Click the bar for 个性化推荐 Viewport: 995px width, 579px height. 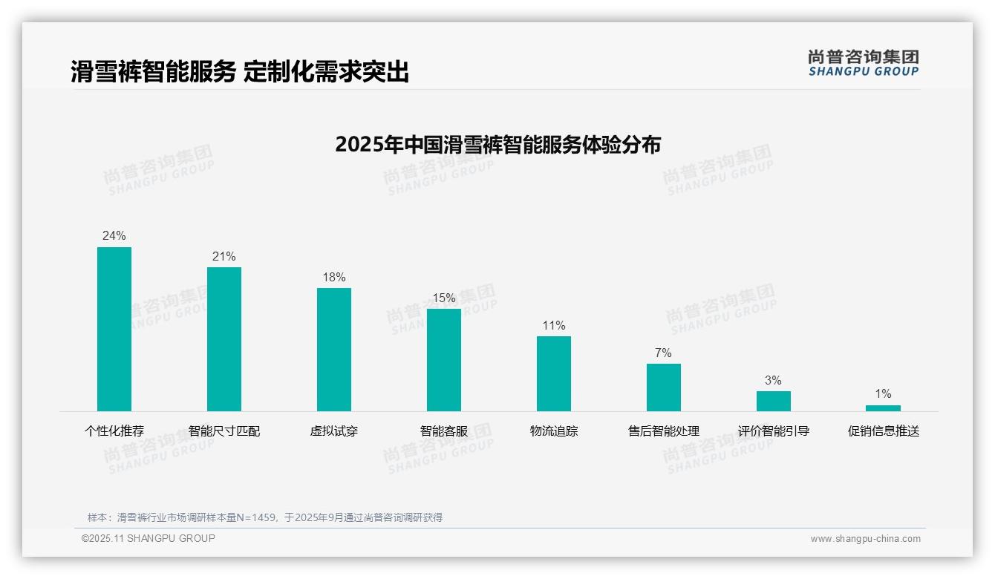tap(114, 329)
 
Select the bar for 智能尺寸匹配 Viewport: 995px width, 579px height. tap(224, 339)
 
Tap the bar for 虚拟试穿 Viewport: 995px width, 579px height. tap(334, 350)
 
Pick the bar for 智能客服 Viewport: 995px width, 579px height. tap(444, 360)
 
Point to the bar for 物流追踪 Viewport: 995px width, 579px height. tap(554, 373)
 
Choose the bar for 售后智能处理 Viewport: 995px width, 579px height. tap(664, 387)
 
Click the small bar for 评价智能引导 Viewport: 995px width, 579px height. tap(774, 401)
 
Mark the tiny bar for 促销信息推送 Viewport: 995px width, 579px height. tap(883, 408)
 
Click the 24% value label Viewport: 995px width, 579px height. tap(114, 235)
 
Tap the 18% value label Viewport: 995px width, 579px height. tap(334, 277)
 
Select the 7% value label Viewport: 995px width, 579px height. tap(663, 353)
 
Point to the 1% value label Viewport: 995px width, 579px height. tap(883, 393)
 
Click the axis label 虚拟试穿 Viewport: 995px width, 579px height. tap(334, 431)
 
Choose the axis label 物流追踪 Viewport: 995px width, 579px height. tap(554, 431)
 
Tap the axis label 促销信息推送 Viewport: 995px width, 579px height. tap(884, 431)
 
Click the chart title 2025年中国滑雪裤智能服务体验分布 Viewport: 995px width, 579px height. tap(497, 144)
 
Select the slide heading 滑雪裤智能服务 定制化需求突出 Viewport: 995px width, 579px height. tap(240, 72)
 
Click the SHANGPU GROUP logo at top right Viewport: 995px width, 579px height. tap(864, 63)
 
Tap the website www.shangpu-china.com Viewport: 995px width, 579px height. tap(865, 539)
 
